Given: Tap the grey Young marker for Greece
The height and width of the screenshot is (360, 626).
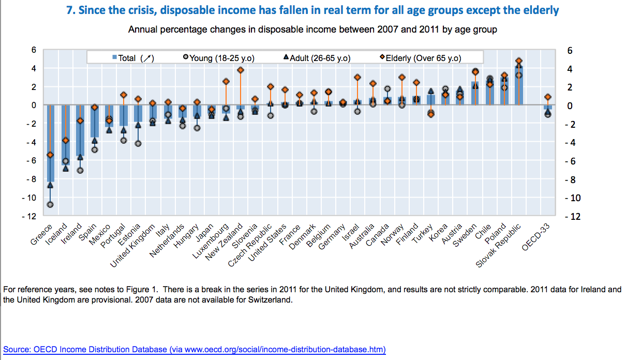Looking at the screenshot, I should coord(50,204).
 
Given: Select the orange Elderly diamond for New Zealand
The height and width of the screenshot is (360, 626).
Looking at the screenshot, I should coord(240,70).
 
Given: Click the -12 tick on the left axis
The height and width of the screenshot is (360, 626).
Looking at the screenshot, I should coord(29,216).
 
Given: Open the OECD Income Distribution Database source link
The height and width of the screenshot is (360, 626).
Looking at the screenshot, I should coord(195,349).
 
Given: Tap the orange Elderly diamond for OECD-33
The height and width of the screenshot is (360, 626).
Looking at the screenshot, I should coord(548,97).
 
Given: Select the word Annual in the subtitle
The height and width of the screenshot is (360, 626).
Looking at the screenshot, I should coord(142,29).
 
